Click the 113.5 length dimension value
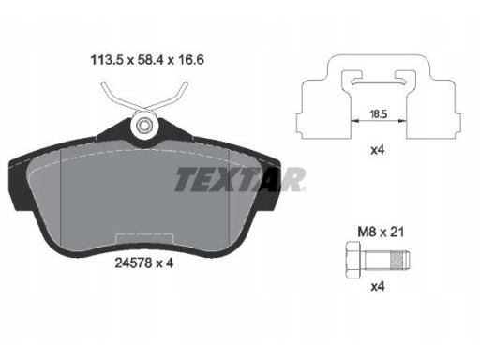pyautogui.click(x=107, y=59)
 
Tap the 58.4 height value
pyautogui.click(x=151, y=59)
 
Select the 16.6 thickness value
pyautogui.click(x=190, y=59)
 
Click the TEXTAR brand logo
pyautogui.click(x=240, y=179)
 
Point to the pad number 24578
pyautogui.click(x=134, y=263)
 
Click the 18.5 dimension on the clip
pyautogui.click(x=379, y=113)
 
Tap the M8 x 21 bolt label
pyautogui.click(x=381, y=232)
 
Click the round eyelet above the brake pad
pyautogui.click(x=143, y=126)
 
